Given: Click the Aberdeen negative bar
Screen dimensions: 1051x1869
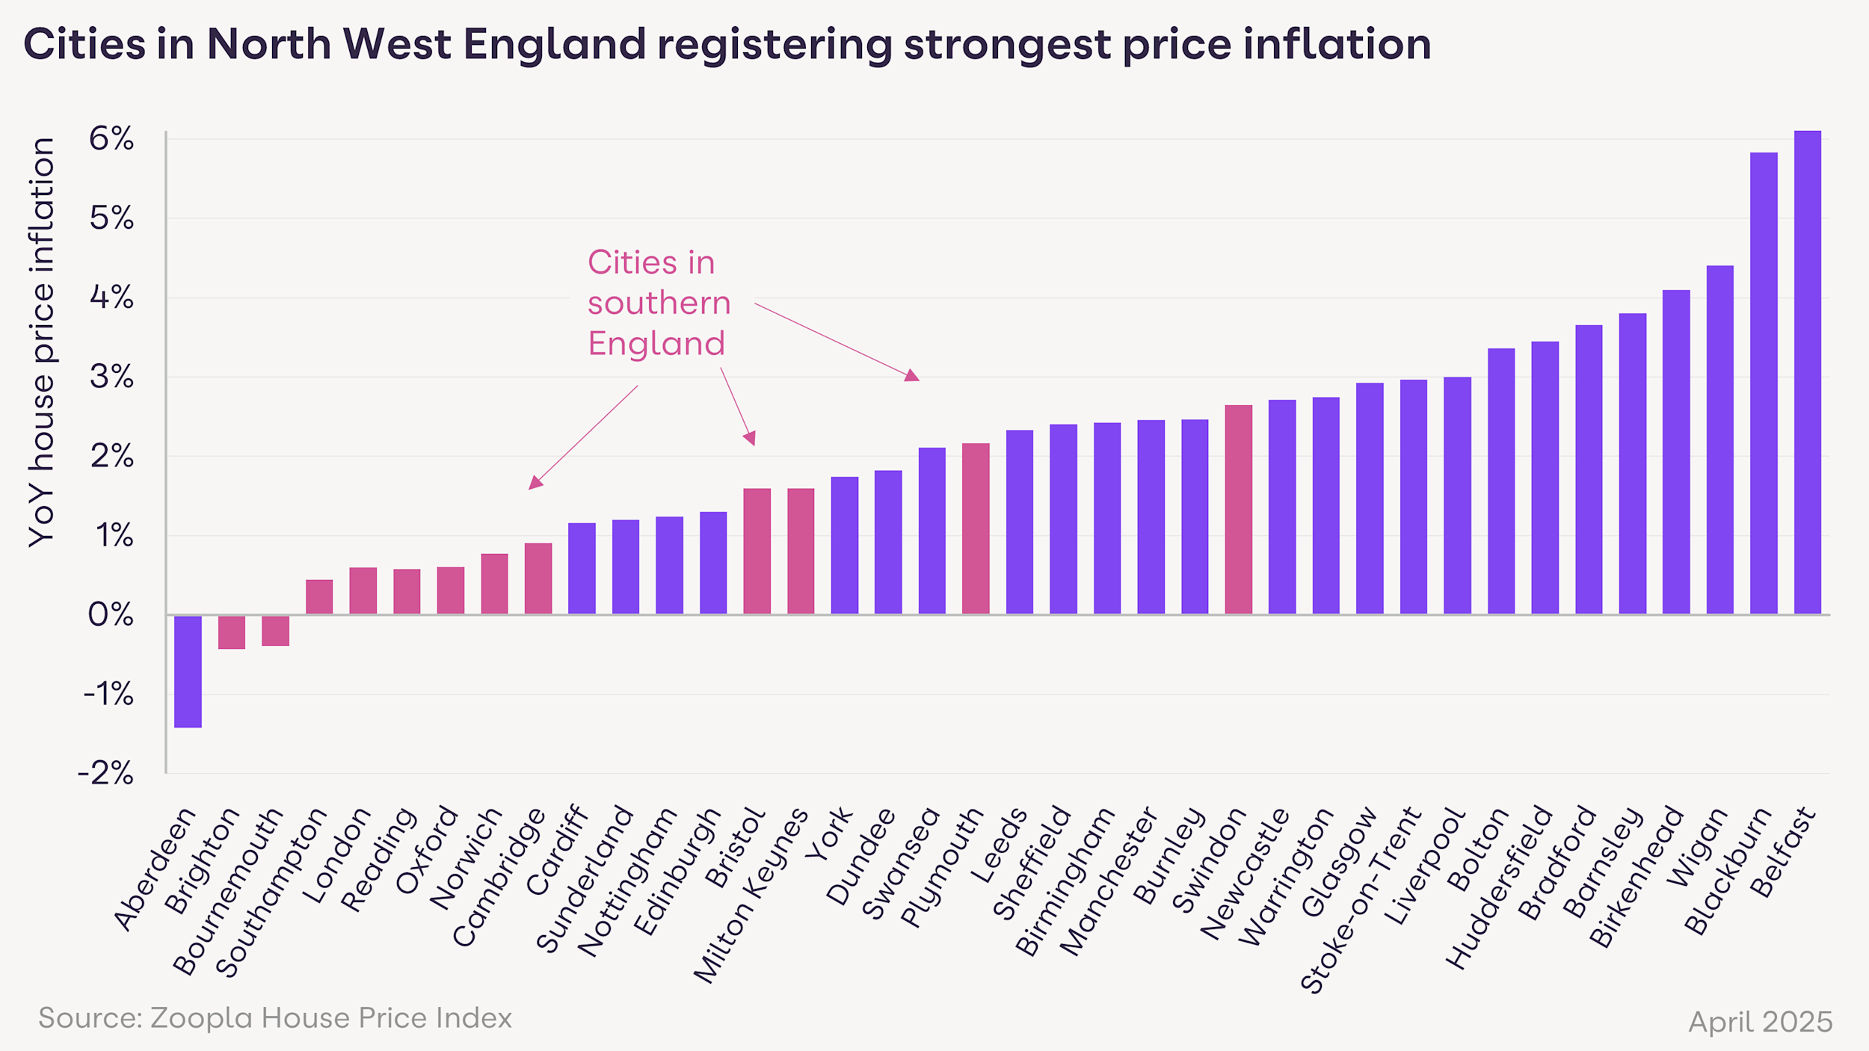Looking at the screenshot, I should (188, 671).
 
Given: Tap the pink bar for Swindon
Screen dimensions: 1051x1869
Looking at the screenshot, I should (1238, 510).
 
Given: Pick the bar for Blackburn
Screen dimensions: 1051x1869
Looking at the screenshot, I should (1764, 383).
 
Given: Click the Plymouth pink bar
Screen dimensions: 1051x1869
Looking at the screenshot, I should (976, 528).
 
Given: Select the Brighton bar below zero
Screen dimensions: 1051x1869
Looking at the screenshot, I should (232, 632).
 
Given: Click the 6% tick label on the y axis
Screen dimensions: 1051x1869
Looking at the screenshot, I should (111, 139).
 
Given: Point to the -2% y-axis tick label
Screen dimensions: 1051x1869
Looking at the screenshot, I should (106, 773).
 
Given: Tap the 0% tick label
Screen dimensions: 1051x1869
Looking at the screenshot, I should (111, 614).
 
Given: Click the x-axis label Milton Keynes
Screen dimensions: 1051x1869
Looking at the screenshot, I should (751, 896).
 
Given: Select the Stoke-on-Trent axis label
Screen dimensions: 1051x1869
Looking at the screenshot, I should (1360, 901).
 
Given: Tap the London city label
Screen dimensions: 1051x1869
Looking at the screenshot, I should (337, 856).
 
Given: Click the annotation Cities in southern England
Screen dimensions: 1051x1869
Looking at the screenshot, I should (658, 303).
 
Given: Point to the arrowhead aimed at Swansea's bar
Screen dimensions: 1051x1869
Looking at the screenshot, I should (911, 375).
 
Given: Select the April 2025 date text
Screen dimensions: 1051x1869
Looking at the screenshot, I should (1760, 1022).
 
